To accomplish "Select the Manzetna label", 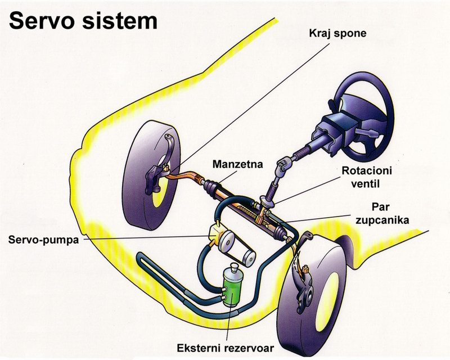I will pos(232,165).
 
